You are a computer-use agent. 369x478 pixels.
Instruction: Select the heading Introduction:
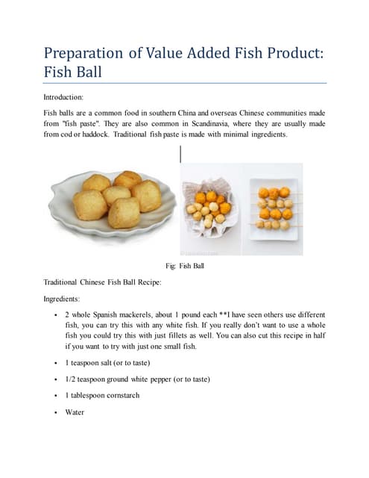click(63, 96)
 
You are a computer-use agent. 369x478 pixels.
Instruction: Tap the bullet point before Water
click(57, 412)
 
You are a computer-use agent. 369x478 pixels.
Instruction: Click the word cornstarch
click(122, 395)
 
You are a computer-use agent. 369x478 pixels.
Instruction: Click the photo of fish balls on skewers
click(275, 208)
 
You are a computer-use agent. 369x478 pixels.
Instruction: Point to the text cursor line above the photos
click(180, 155)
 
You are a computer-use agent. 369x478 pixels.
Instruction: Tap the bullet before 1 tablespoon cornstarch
click(57, 395)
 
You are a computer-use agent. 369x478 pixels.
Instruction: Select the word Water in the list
click(75, 412)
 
